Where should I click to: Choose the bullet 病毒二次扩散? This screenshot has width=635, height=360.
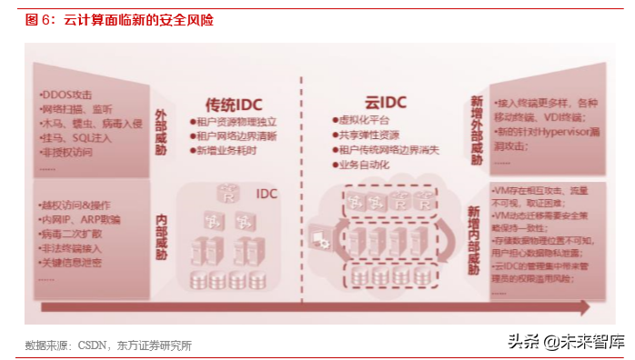(x=76, y=234)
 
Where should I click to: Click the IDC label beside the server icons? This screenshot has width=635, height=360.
(x=266, y=194)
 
